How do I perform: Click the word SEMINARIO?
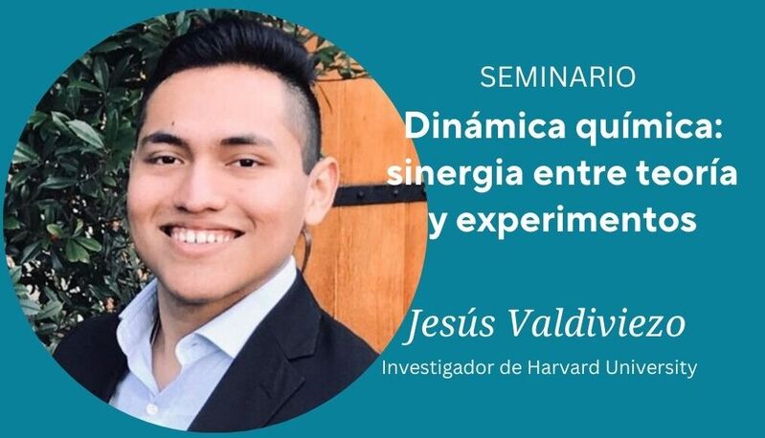557,77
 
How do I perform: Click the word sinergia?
455,174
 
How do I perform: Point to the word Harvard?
564,367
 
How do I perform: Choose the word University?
651,368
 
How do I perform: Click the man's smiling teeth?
202,236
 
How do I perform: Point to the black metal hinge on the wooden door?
379,195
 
